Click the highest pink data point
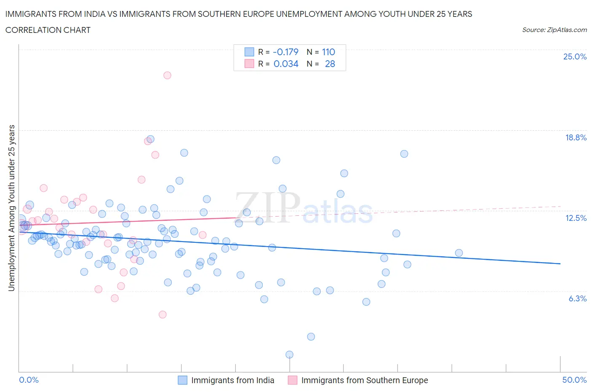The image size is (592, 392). tap(167, 75)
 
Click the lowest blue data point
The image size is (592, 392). tap(289, 354)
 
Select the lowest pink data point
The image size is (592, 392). tap(163, 314)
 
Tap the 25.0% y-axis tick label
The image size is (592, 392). tap(575, 57)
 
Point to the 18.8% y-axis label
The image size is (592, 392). tap(576, 137)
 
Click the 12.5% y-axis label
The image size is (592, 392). tap(576, 218)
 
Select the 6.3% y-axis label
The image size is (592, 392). tap(577, 298)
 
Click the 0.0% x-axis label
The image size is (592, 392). tap(29, 380)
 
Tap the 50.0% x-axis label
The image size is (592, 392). tap(574, 380)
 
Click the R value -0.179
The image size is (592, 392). tap(285, 52)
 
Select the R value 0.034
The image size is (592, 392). tap(286, 64)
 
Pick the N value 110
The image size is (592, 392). tap(328, 52)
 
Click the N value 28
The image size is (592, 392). tap(330, 64)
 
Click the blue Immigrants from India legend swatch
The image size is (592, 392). tap(182, 380)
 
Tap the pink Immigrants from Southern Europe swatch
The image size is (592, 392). tap(293, 380)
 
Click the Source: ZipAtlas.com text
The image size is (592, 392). tap(554, 30)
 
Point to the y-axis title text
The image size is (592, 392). tap(12, 208)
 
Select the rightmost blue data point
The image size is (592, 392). tap(459, 253)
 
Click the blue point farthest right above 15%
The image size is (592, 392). tap(404, 154)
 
